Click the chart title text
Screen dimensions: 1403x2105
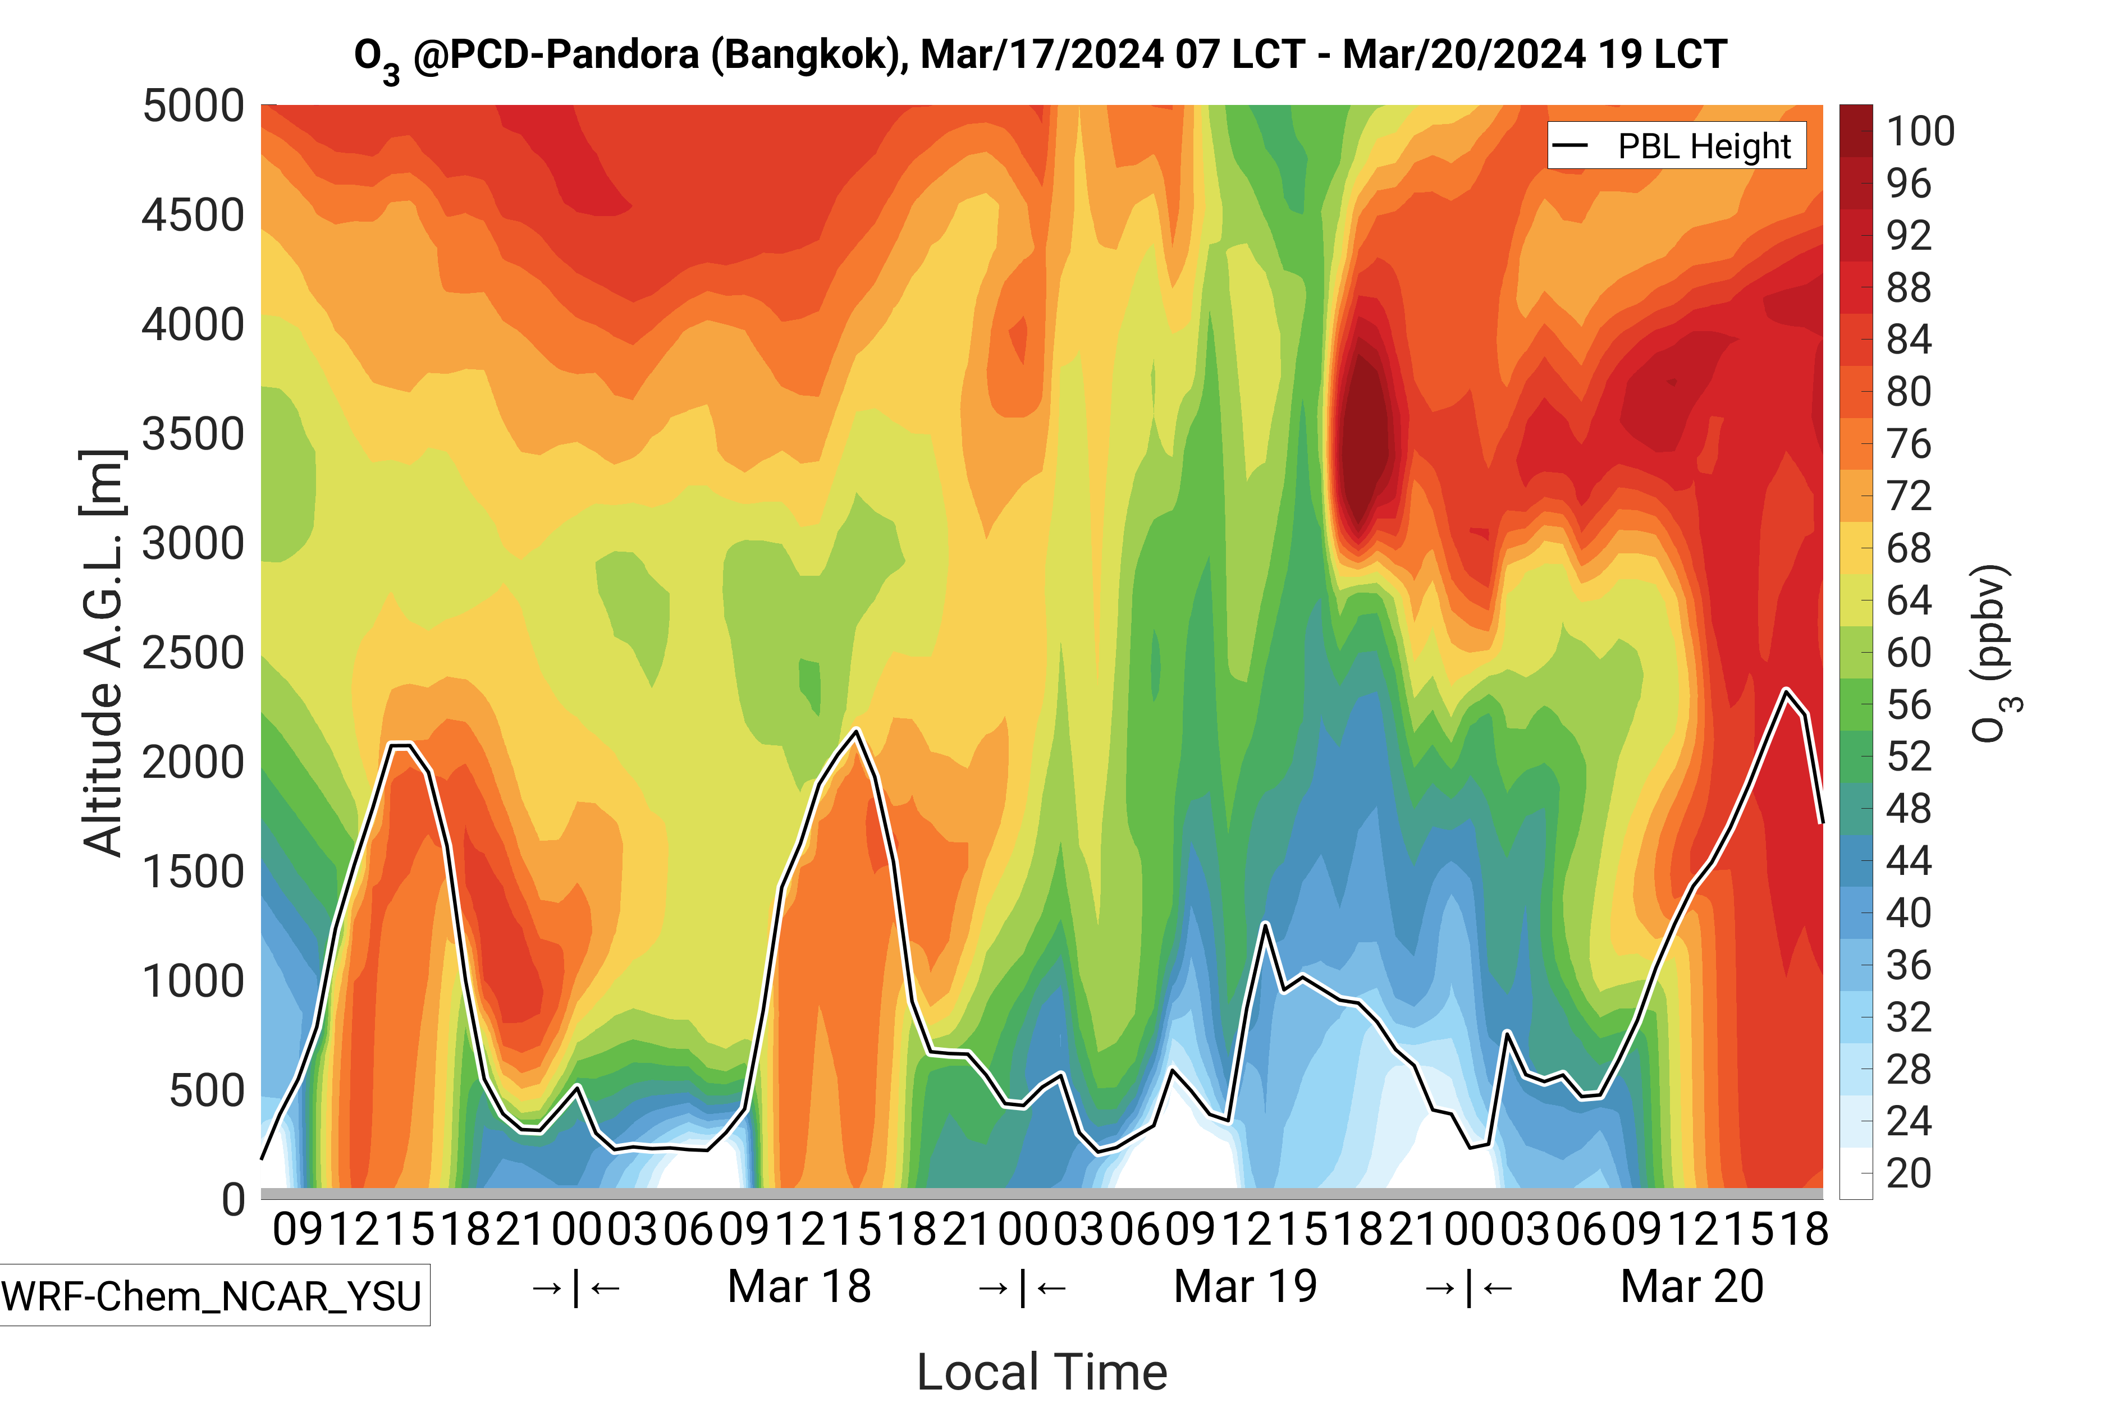point(1040,56)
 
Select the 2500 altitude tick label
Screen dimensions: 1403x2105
point(193,653)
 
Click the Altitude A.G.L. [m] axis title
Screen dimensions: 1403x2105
point(103,653)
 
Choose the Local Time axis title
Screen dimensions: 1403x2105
point(1042,1371)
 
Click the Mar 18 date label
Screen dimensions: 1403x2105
point(799,1287)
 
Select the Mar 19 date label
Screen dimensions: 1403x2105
point(1245,1287)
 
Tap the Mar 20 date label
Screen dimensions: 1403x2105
point(1691,1287)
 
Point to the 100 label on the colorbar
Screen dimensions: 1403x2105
point(1920,131)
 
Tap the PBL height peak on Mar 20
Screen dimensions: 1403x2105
point(1786,691)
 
